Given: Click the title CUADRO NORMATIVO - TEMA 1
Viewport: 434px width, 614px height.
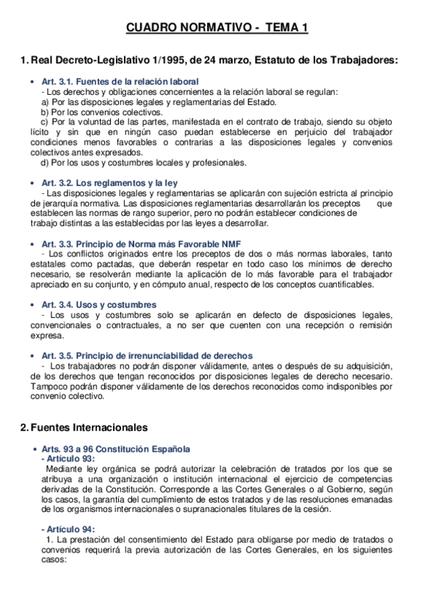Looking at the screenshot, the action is coord(217,28).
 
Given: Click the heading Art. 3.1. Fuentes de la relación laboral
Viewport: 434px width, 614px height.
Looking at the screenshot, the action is coord(120,82).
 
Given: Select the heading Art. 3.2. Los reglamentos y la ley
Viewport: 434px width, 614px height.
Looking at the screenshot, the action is coord(109,183).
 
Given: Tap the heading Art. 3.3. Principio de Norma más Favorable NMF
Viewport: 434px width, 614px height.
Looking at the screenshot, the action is coord(141,244).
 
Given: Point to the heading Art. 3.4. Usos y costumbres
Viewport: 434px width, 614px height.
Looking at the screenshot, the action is coord(99,305).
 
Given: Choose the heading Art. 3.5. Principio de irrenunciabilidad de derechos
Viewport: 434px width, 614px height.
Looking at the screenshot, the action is coord(147,356).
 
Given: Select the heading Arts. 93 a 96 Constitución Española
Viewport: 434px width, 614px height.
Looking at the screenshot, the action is coord(116,449).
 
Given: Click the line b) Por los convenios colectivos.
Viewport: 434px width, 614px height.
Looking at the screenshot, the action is coord(91,112).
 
